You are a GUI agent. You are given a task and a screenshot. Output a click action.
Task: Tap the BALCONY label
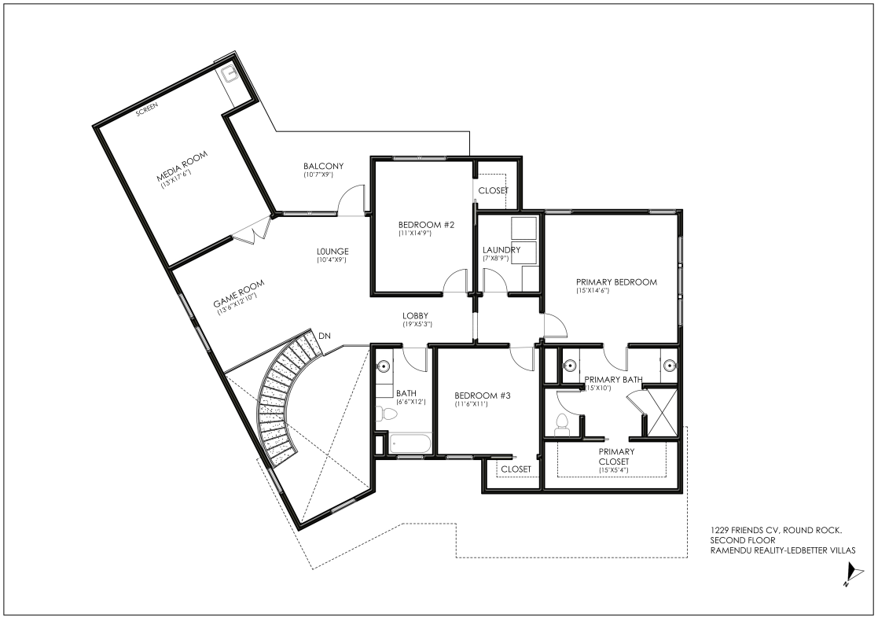[x=324, y=167]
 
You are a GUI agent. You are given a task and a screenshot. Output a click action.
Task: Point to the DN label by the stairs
[x=324, y=336]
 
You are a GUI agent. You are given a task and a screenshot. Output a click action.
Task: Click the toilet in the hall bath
[x=387, y=414]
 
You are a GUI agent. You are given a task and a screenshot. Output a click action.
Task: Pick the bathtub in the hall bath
[x=410, y=444]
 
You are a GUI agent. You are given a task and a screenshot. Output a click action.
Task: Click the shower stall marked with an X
[x=662, y=412]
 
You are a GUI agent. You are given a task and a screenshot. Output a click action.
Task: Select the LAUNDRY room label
[x=501, y=250]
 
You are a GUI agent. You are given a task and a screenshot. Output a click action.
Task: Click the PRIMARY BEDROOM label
[x=616, y=282]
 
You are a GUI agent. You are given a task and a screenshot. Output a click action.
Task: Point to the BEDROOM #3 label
[x=483, y=395]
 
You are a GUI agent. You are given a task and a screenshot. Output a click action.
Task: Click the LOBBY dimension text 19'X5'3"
[x=417, y=324]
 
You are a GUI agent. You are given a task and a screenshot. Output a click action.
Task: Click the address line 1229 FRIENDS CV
[x=777, y=530]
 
